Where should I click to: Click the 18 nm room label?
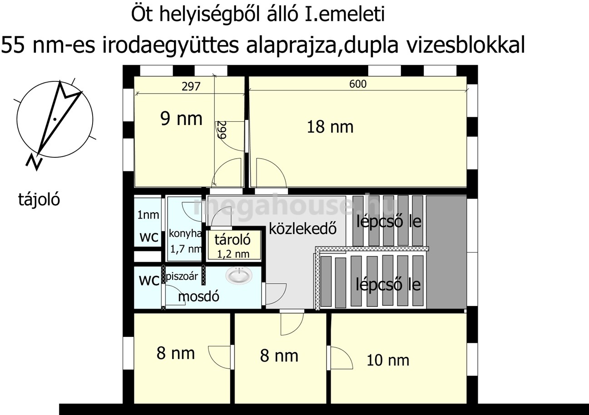click(x=330, y=127)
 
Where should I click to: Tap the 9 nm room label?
click(x=181, y=119)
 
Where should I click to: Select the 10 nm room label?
click(x=388, y=360)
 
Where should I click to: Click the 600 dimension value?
click(x=358, y=84)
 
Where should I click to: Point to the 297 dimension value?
click(x=191, y=86)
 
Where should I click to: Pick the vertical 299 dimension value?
click(x=222, y=130)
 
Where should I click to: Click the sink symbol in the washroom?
click(x=239, y=275)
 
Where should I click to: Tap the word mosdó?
click(x=198, y=296)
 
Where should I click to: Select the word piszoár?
click(x=182, y=276)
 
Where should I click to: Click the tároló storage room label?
click(x=233, y=240)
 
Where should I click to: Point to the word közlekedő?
click(x=302, y=229)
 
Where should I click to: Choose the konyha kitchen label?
click(x=185, y=234)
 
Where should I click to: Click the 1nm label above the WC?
click(x=148, y=215)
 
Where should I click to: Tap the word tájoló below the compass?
click(x=39, y=200)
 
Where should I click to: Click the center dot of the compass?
click(x=54, y=119)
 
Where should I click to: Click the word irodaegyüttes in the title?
click(x=170, y=45)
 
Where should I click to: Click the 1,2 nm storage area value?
click(x=233, y=254)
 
